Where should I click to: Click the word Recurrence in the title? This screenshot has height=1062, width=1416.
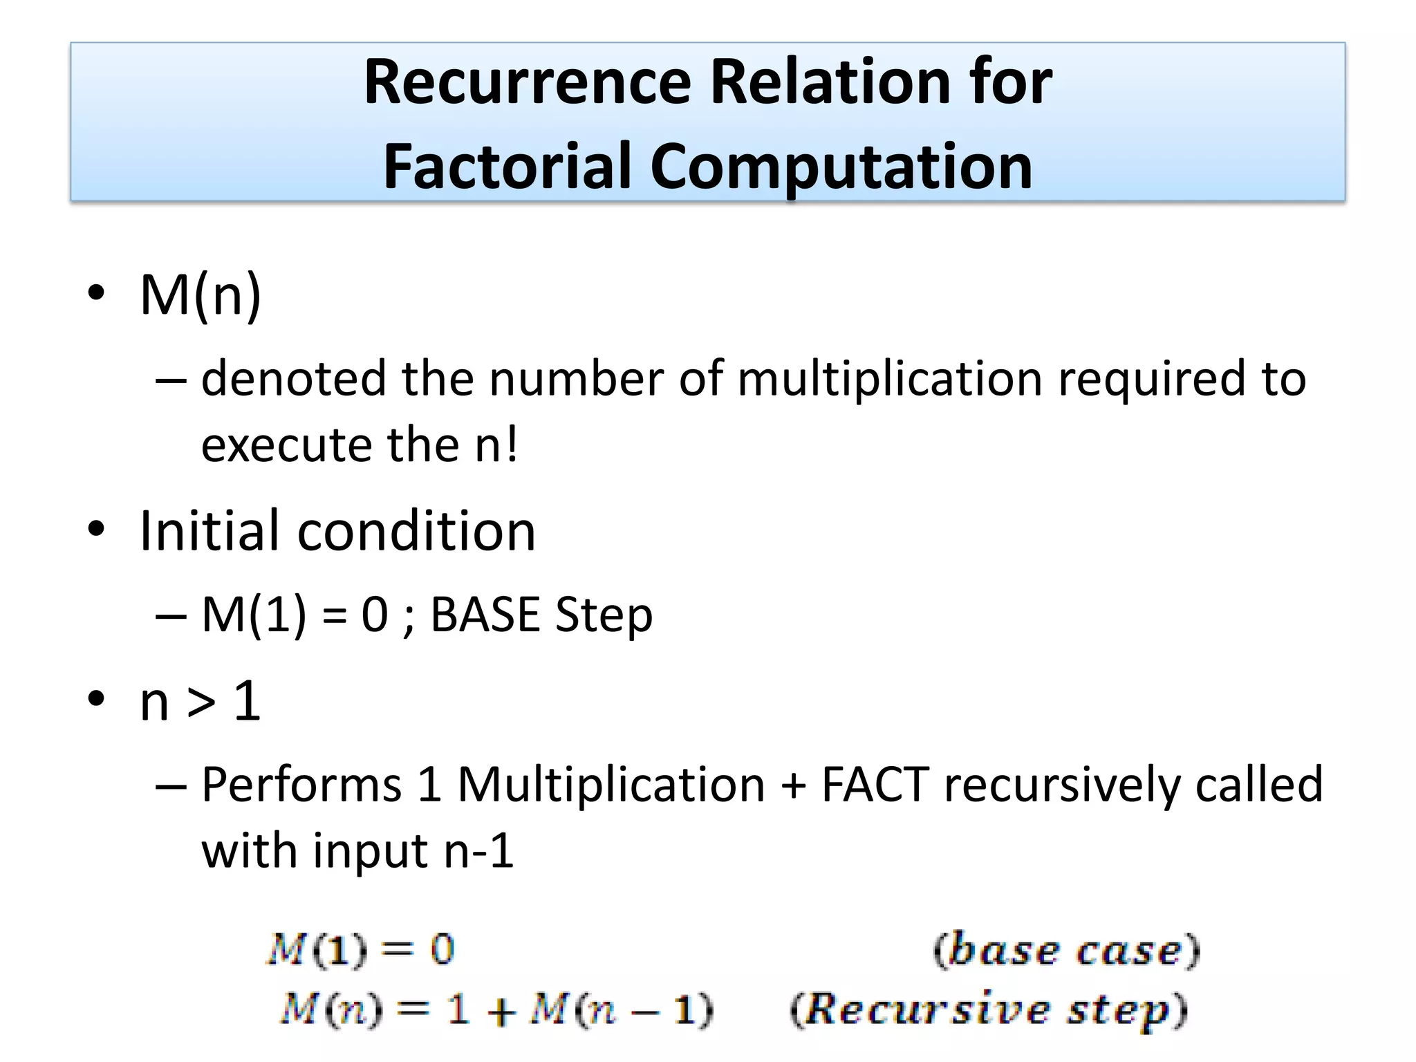pyautogui.click(x=527, y=83)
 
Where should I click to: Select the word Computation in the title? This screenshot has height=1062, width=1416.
pyautogui.click(x=841, y=168)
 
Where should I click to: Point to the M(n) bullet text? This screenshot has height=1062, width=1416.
pyautogui.click(x=201, y=296)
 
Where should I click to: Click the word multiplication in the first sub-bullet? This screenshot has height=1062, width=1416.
pyautogui.click(x=890, y=380)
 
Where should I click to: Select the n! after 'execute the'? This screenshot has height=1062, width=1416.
pyautogui.click(x=496, y=445)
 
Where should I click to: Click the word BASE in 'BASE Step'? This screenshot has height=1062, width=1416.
pyautogui.click(x=485, y=615)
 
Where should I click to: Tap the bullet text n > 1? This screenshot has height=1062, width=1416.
pyautogui.click(x=201, y=701)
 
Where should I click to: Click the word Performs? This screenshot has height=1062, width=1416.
pyautogui.click(x=301, y=785)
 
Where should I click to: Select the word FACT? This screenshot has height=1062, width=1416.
pyautogui.click(x=875, y=785)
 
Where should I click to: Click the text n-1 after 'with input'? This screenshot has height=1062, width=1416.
pyautogui.click(x=478, y=851)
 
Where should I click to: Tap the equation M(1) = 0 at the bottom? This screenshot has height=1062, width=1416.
pyautogui.click(x=360, y=949)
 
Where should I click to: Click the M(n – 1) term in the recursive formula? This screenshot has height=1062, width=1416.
pyautogui.click(x=622, y=1010)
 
